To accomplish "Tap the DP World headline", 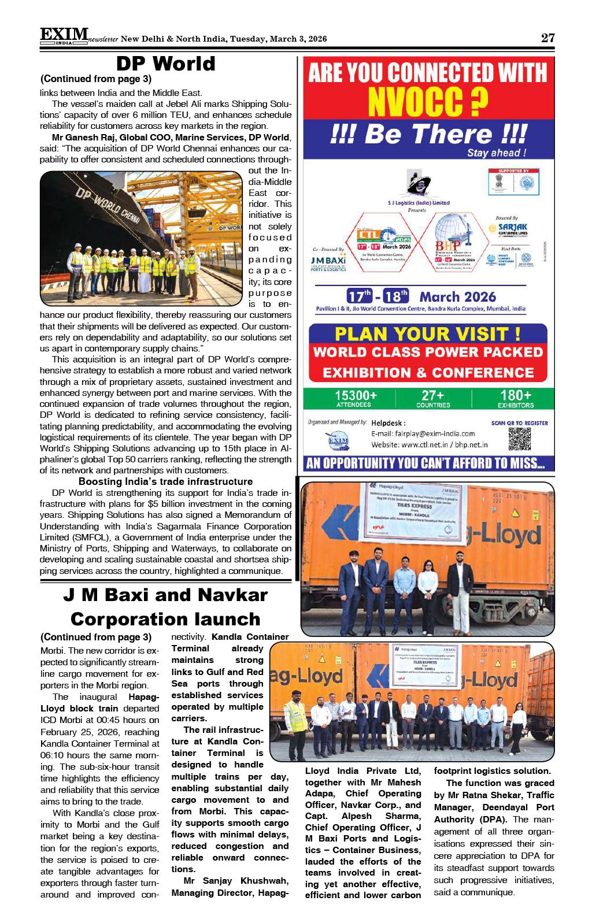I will pos(165,64).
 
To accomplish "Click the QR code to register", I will pos(519,439).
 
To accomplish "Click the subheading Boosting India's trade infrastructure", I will pos(165,481).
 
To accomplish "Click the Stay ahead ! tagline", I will pos(497,153).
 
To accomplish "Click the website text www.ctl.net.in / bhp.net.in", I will pos(430,444).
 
